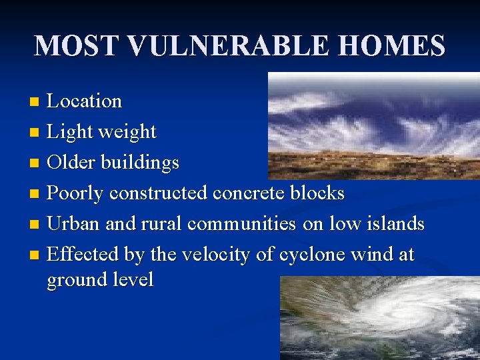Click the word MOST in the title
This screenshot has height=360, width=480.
pos(75,46)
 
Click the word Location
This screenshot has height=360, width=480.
pos(85,101)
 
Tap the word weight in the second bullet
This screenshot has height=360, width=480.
pos(126,132)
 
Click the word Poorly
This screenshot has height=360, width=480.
pos(75,193)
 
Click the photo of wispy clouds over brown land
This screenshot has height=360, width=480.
pos(373,126)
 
